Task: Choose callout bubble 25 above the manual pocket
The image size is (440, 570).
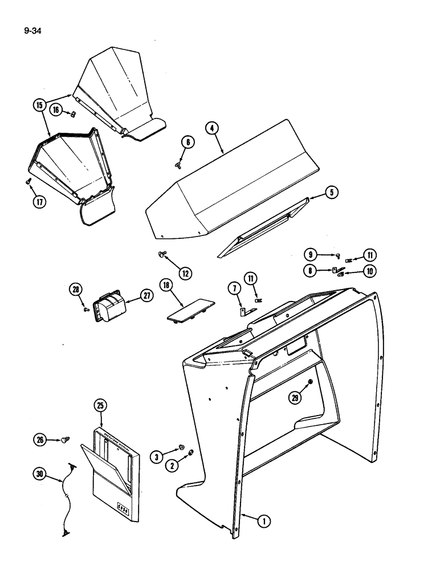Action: coord(100,406)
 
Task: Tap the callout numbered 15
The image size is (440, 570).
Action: coord(39,105)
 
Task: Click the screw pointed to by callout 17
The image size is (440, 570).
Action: coord(28,180)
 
